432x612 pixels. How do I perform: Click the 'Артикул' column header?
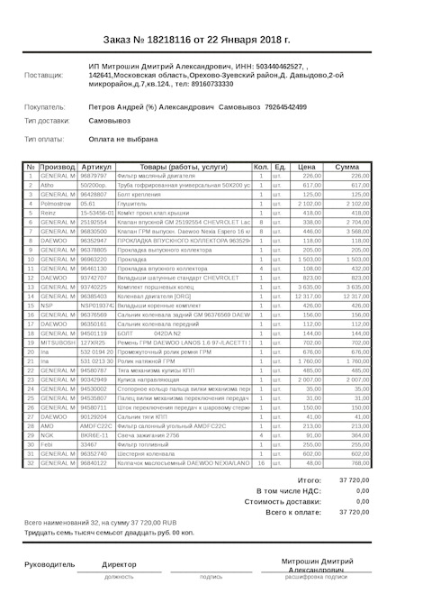tap(96, 168)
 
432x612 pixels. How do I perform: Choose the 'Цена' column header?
tap(307, 168)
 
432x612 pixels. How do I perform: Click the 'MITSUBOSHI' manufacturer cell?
tap(58, 343)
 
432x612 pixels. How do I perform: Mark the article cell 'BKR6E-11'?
tap(94, 434)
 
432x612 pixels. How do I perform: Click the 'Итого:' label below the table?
tap(309, 480)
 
